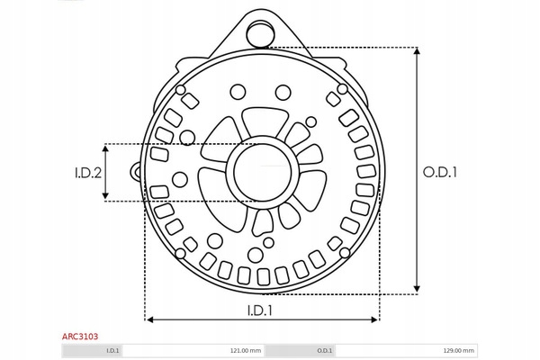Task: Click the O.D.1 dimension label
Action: pyautogui.click(x=440, y=172)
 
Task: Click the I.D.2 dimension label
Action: pyautogui.click(x=88, y=173)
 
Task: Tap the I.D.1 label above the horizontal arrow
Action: pyautogui.click(x=260, y=310)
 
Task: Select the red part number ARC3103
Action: pyautogui.click(x=80, y=337)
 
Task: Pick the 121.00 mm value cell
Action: pyautogui.click(x=193, y=351)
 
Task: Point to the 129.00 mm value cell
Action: pyautogui.click(x=407, y=351)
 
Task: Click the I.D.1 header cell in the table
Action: pyautogui.click(x=93, y=351)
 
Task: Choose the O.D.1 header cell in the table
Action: pyautogui.click(x=301, y=351)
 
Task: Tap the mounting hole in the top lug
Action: pyautogui.click(x=260, y=34)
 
